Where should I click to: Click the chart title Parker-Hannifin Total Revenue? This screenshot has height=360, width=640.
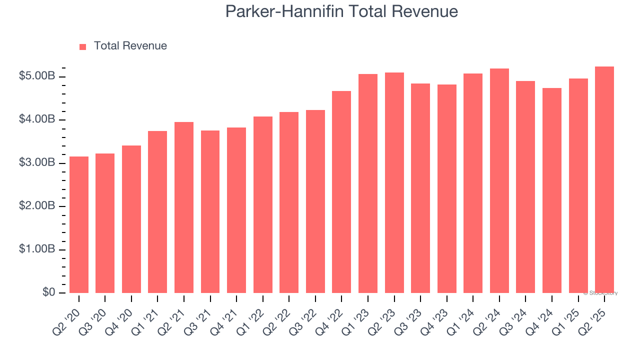point(341,11)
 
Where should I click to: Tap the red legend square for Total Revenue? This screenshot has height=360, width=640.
point(83,46)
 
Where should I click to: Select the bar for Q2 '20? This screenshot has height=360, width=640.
point(79,225)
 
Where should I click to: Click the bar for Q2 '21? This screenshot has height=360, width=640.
point(184,207)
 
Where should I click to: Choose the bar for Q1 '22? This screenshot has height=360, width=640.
point(263,205)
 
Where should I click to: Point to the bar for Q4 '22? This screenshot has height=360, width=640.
point(341,192)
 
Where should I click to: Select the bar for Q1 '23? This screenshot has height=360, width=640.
point(368,183)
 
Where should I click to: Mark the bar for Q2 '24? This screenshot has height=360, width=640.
point(499,180)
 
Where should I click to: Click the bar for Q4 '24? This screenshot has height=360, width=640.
point(552,190)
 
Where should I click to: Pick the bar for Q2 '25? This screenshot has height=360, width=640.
point(604,179)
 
